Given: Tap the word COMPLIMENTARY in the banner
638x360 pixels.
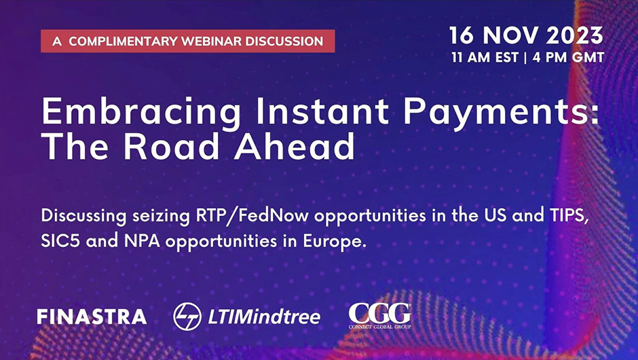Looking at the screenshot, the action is [x=124, y=41].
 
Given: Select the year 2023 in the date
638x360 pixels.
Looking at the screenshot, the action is [x=574, y=35].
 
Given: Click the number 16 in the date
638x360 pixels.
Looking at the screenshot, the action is [x=462, y=35].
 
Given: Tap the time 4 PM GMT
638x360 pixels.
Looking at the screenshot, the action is [x=568, y=58].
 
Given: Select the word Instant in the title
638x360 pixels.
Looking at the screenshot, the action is [x=322, y=111].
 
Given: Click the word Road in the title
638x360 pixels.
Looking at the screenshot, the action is [x=172, y=147].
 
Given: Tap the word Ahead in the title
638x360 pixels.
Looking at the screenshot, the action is [x=294, y=147].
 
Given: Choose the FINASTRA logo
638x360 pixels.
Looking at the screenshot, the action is [x=92, y=317].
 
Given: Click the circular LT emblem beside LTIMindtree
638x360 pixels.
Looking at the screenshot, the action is [x=187, y=317].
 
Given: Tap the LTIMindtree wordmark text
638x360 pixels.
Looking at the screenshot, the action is [x=264, y=317].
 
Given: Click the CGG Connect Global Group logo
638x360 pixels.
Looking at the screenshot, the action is [x=379, y=316].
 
